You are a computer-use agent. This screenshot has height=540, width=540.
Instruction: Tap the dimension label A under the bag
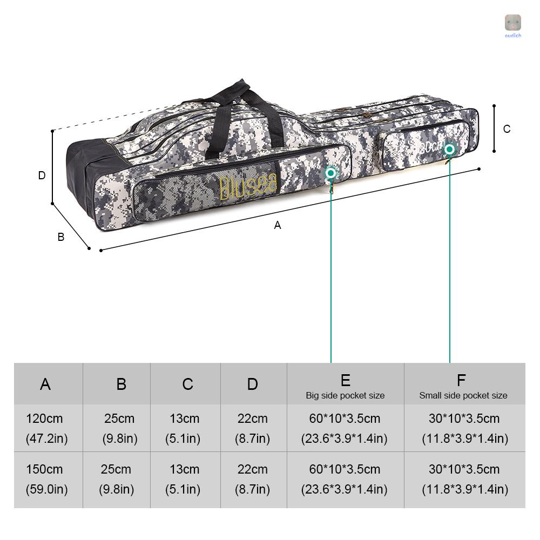tap(278, 225)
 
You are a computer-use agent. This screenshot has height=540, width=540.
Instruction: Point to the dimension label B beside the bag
tap(61, 237)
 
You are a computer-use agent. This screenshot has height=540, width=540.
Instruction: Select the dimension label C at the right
tap(507, 129)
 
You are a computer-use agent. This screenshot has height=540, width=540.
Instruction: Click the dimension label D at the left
tap(42, 175)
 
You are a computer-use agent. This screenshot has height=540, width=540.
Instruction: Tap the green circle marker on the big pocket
tap(330, 173)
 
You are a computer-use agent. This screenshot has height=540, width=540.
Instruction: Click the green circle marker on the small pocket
tap(449, 148)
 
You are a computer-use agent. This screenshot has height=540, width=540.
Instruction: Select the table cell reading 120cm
tap(44, 418)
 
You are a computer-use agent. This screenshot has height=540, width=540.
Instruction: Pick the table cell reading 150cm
tap(44, 469)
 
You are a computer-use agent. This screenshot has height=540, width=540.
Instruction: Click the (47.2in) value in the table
tap(46, 438)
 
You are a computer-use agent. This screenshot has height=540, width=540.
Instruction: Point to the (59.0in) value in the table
tap(46, 489)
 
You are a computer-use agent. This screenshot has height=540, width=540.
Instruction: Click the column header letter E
tap(346, 380)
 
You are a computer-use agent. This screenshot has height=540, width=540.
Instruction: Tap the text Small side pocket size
tap(463, 396)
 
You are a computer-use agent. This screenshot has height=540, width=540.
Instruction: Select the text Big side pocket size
tap(345, 396)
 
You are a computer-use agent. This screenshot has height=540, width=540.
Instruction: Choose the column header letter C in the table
tap(187, 384)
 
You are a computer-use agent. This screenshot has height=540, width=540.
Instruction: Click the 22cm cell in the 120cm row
tap(252, 418)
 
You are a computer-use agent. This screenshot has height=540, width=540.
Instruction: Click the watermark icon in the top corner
tap(512, 23)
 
